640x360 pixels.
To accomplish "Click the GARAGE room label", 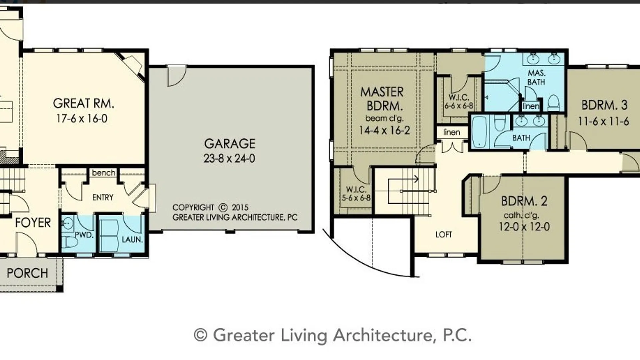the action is pos(230,144).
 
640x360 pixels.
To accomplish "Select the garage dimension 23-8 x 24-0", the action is pos(229,158).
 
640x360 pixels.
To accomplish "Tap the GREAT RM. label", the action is pos(83,103).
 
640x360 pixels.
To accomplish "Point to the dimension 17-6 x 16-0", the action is pos(82,118).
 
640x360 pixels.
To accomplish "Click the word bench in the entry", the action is pos(103,173).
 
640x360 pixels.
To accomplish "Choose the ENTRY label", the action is pos(103,197).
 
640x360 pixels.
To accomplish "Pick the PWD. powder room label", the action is pos(84,235).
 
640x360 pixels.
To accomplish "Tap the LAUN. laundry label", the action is pos(132,239).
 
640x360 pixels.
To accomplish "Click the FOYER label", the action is pos(33,222).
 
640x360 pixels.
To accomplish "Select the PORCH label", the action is pos(27,273).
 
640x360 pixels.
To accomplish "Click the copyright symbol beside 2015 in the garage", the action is pos(223,207).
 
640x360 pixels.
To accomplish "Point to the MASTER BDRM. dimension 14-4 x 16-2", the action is pos(384,130).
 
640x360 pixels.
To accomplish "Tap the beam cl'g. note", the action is pos(384,118).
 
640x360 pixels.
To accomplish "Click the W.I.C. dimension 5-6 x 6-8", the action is pos(356,198).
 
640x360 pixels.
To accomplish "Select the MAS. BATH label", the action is pos(536,77).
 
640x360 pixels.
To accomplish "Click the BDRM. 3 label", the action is pos(604,105).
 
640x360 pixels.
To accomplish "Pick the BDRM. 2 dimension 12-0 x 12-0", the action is pos(524,227).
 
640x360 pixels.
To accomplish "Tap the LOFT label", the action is pos(444,234).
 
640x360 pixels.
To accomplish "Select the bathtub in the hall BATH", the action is pos(480,132).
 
